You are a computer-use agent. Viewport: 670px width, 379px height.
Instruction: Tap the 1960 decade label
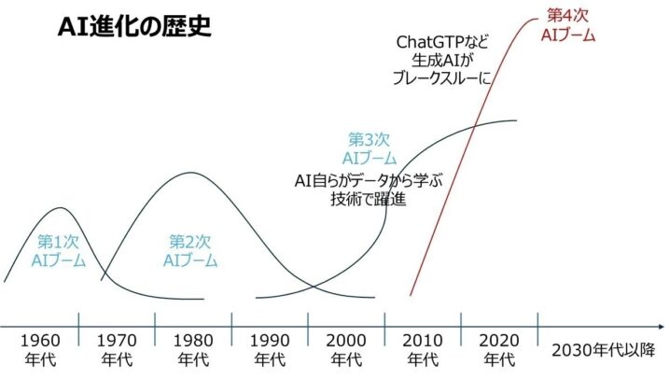tap(39, 349)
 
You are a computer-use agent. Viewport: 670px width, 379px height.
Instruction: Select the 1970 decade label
tap(117, 349)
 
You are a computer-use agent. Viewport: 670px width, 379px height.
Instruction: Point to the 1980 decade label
tap(193, 349)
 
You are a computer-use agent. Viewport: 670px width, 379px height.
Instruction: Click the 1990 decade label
tap(270, 349)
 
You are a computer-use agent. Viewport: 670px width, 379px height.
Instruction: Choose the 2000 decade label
tap(346, 349)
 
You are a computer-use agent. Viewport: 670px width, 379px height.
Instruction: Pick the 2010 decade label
tap(423, 349)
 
